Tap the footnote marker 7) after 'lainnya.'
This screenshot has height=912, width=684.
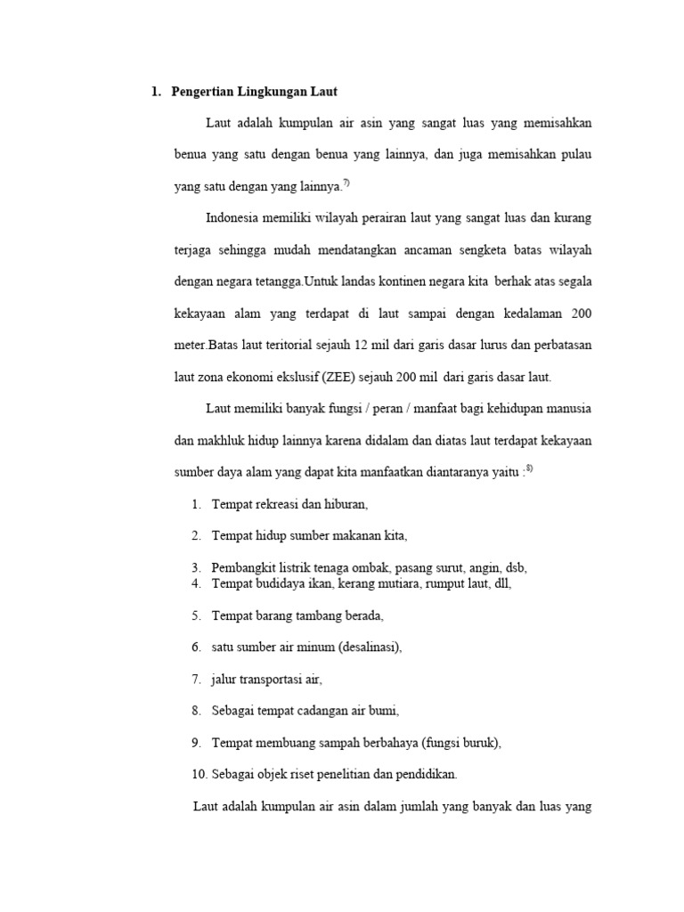[x=346, y=183]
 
